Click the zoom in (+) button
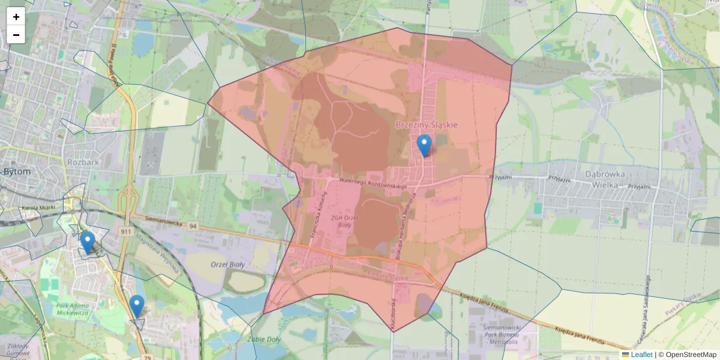pos(16,17)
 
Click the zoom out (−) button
pos(16,35)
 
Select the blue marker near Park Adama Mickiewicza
pos(137,305)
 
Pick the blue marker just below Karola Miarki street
pos(88,242)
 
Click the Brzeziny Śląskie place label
pos(427,125)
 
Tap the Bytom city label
pos(17,171)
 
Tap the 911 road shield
pos(125,232)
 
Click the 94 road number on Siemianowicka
pos(192,226)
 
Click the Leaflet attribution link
pos(641,355)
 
